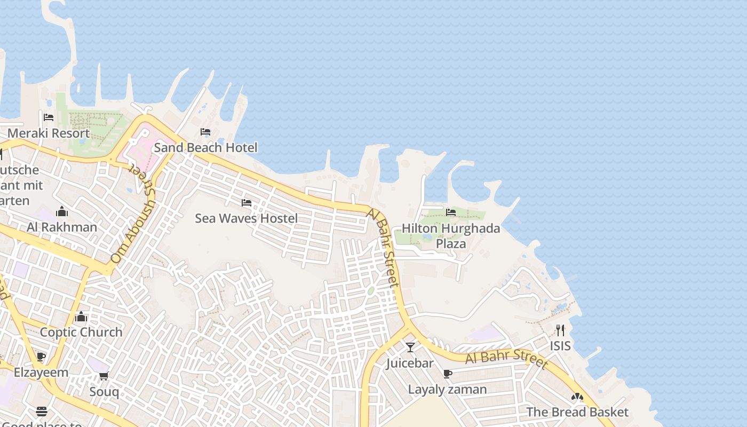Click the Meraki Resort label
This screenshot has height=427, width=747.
49,133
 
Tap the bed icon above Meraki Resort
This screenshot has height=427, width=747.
49,117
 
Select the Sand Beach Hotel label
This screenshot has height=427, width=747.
205,147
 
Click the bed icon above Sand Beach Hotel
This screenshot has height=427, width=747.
205,132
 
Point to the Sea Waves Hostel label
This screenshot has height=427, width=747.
246,218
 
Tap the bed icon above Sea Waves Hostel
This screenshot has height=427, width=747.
246,203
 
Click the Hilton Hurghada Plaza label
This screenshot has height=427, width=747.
451,236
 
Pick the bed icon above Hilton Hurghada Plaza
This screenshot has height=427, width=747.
451,212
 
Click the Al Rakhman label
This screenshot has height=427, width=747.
62,227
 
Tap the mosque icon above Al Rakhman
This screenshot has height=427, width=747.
62,211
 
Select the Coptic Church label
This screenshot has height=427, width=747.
81,332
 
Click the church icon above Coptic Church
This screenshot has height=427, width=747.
81,317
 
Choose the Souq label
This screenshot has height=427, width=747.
104,392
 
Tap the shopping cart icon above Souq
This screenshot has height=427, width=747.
104,376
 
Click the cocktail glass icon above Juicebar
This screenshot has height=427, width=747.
410,347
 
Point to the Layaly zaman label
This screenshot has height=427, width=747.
447,390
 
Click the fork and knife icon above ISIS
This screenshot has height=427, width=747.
560,330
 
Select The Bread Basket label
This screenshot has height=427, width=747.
577,412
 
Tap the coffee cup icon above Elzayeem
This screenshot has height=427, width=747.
41,357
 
